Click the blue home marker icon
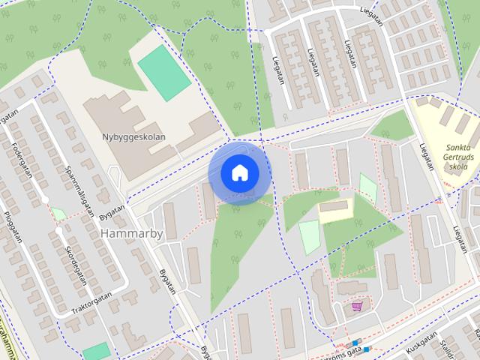coord(239,173)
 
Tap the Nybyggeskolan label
coord(133,137)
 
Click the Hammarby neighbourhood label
coord(131,233)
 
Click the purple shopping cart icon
coord(357,305)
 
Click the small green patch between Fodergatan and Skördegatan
coord(58,214)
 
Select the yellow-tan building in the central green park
coord(335,210)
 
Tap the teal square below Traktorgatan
coord(97,352)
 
